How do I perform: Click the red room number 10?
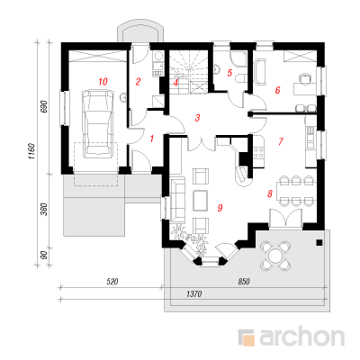(x=103, y=81)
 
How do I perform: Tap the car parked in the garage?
(x=98, y=124)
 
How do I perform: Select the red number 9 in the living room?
(x=220, y=207)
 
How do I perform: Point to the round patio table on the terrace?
(x=274, y=256)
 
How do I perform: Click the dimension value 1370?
(x=193, y=294)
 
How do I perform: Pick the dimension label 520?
(x=112, y=282)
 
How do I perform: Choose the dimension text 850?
(x=244, y=282)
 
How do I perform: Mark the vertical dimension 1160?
(x=32, y=151)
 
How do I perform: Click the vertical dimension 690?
(x=44, y=106)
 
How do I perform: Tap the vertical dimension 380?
(x=44, y=210)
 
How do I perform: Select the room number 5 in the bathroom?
(x=229, y=73)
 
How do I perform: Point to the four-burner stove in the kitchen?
(x=259, y=152)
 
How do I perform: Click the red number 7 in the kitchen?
(x=281, y=141)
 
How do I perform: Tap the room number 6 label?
(x=277, y=90)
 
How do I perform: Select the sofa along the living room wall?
(x=177, y=199)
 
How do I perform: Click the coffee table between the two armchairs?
(x=201, y=201)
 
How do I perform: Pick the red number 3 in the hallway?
(x=197, y=118)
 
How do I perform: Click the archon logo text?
(x=301, y=337)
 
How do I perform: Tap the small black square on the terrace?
(x=319, y=243)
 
